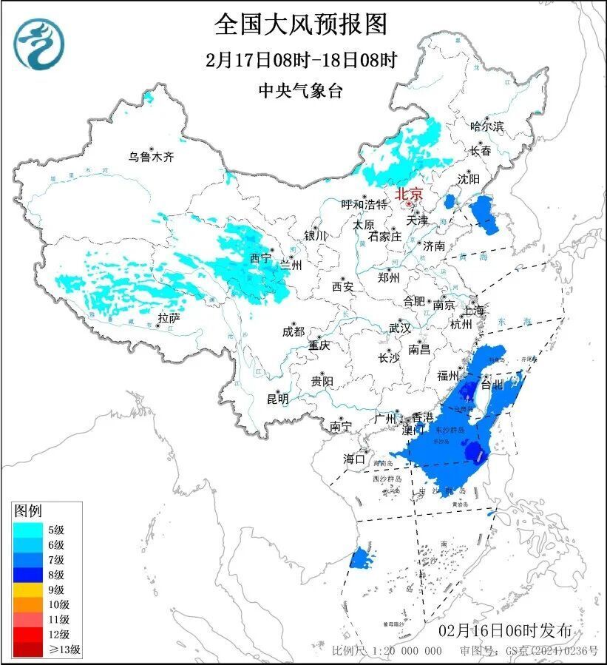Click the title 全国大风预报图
point(301,25)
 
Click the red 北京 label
point(408,194)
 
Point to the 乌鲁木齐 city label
point(150,157)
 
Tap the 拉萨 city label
point(169,318)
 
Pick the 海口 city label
point(355,459)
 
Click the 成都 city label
point(294,332)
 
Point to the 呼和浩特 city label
point(364,204)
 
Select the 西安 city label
point(342,286)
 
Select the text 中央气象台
point(301,90)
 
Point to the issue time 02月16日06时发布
point(505,630)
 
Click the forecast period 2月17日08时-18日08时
point(301,60)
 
